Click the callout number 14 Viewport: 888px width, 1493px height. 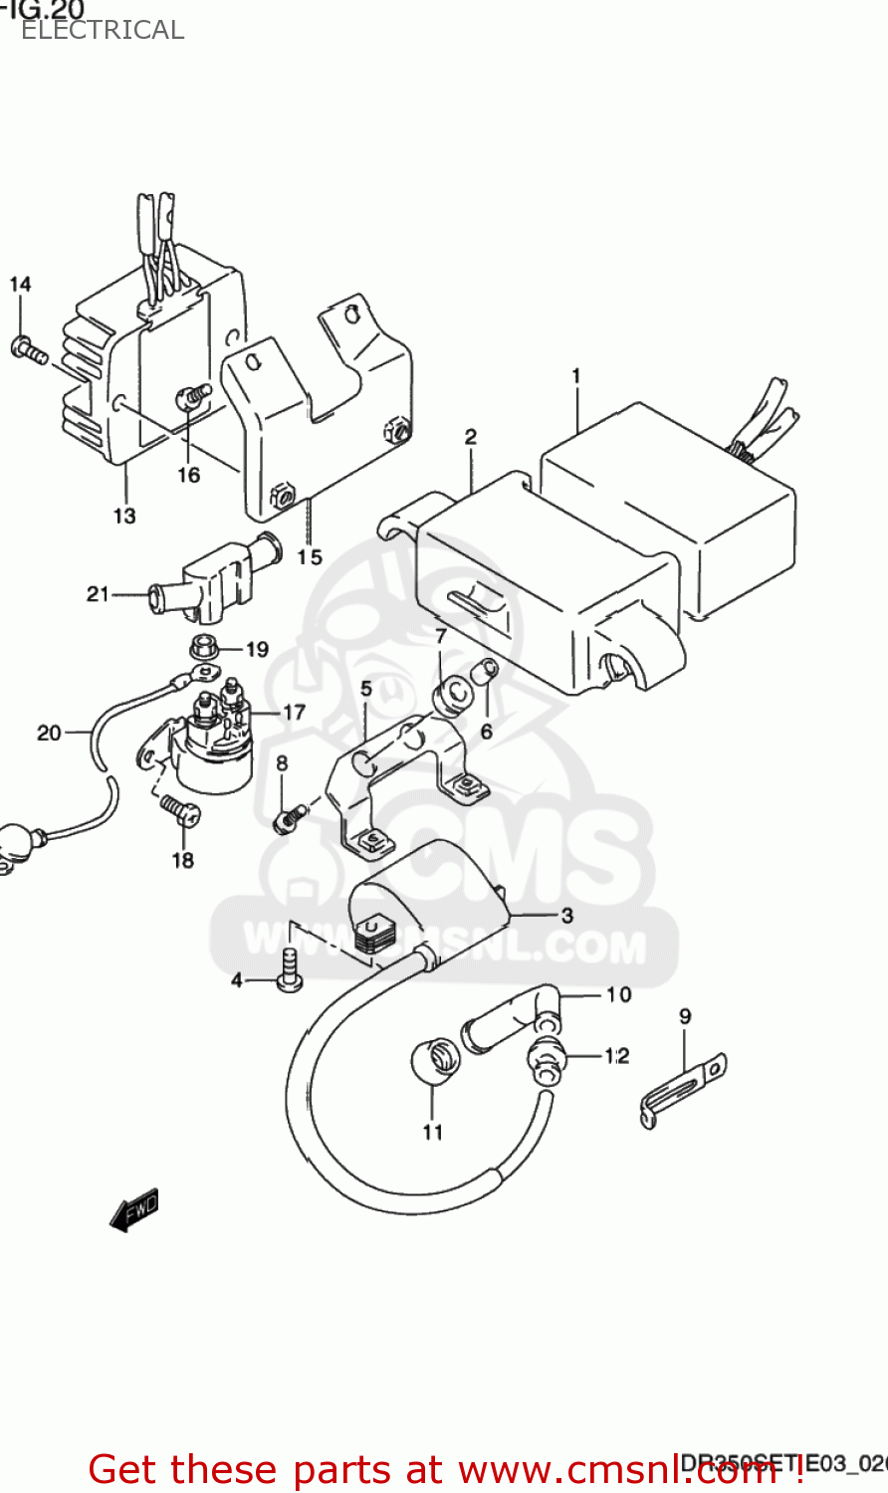(x=20, y=285)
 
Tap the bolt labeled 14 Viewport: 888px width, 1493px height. (x=28, y=349)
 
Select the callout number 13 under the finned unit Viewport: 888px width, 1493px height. (x=123, y=516)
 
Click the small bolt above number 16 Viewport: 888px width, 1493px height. (x=192, y=395)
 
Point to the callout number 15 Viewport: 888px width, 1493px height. (x=310, y=556)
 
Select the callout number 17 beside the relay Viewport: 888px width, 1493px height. (x=294, y=713)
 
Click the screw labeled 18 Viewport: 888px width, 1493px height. (x=179, y=810)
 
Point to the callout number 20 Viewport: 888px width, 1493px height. (x=49, y=733)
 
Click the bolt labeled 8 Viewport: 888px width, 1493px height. (x=288, y=818)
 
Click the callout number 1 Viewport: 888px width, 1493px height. (x=575, y=376)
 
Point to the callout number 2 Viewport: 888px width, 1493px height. (x=470, y=436)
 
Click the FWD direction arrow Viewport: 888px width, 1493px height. (x=134, y=1210)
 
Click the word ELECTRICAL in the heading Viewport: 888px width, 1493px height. (x=103, y=30)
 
